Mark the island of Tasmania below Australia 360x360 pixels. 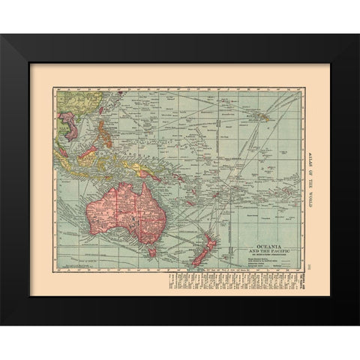pos(151,253)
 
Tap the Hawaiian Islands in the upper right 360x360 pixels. pos(272,115)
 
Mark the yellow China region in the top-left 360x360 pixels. pos(79,101)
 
